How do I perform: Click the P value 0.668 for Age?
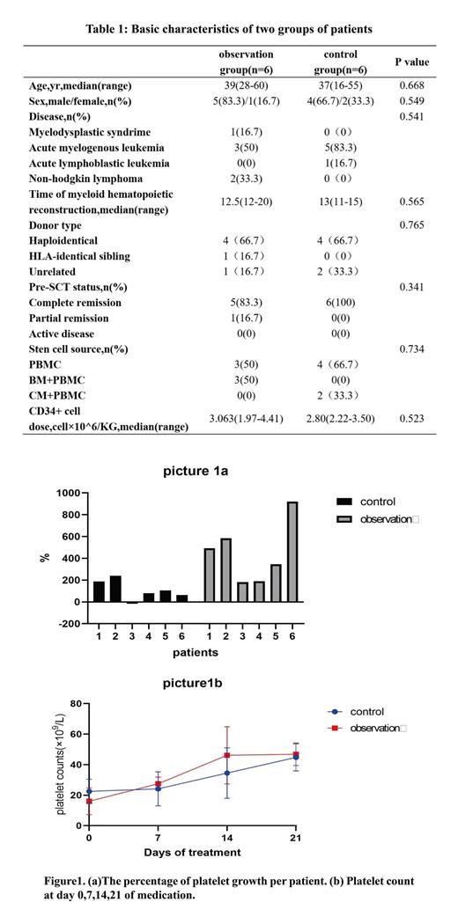pos(412,85)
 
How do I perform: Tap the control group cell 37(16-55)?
pos(340,85)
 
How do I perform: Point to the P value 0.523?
pos(412,418)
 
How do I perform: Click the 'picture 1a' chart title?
pos(196,472)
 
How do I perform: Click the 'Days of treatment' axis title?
pos(192,852)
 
